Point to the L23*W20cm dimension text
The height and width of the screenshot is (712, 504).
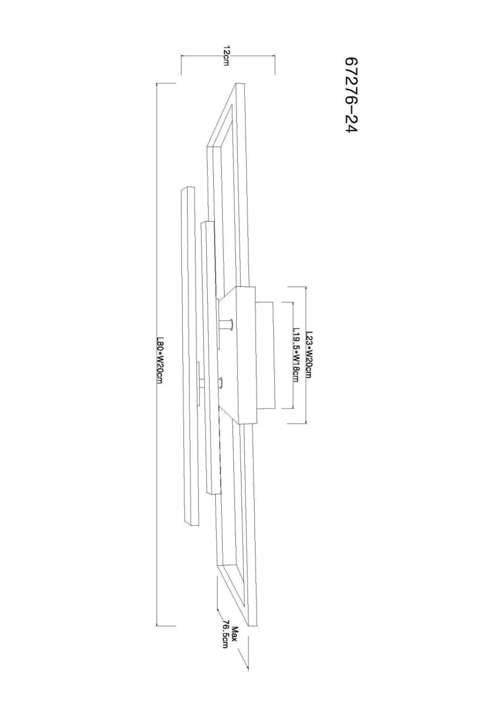pos(309,355)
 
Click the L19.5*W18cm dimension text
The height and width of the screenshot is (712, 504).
pos(296,355)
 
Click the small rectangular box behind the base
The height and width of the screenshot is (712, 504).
pos(266,355)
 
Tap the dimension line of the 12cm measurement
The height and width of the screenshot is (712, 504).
pos(228,56)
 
